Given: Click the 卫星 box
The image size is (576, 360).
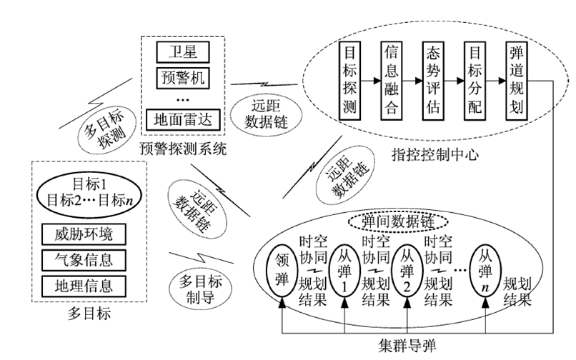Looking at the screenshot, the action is pos(183,52).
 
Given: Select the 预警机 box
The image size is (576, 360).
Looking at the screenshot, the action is pos(183,78).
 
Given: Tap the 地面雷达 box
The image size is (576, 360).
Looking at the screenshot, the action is pos(183,120).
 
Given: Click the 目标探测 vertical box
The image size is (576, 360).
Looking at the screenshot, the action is pos(349,81).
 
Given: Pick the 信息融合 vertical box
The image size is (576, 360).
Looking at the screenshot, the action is pos(391,81).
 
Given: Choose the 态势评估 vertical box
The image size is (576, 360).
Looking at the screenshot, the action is pos(433,81).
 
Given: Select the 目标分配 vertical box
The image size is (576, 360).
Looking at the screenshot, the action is pos(475,81).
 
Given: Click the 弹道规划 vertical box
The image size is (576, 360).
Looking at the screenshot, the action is pos(517,81).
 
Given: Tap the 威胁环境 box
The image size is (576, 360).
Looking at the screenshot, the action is pos(84,234).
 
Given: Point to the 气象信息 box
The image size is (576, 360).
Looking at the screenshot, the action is pos(84,260).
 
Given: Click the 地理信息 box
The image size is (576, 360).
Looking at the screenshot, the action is pos(84,286).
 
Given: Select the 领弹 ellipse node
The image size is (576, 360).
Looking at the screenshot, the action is pos(282,271).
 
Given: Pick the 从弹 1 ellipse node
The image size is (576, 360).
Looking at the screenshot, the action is pos(344,271).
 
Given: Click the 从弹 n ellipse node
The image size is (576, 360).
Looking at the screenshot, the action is pos(485,271).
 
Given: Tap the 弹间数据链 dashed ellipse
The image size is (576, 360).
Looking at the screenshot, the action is pos(398,221).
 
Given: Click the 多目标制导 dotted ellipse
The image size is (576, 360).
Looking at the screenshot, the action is pos(200,289).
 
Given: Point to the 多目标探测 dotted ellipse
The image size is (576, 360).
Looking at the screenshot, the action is pos(106,130).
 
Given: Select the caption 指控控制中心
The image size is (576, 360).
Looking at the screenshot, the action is pos(435,155).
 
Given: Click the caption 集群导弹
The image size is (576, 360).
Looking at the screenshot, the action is pos(407,345).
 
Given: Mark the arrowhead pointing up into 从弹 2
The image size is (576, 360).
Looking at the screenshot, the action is pos(407,303).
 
